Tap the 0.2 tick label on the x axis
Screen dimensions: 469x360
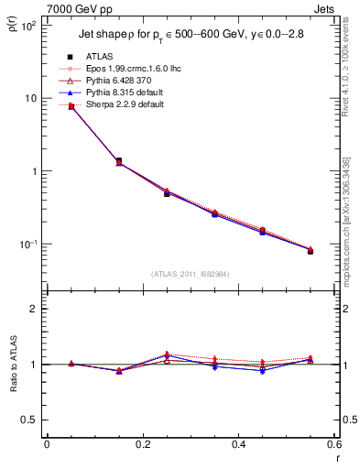pos(143,443)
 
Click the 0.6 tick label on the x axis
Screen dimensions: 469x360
pos(334,443)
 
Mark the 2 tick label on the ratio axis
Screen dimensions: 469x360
pos(34,309)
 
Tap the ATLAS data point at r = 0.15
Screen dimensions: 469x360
pos(119,161)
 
